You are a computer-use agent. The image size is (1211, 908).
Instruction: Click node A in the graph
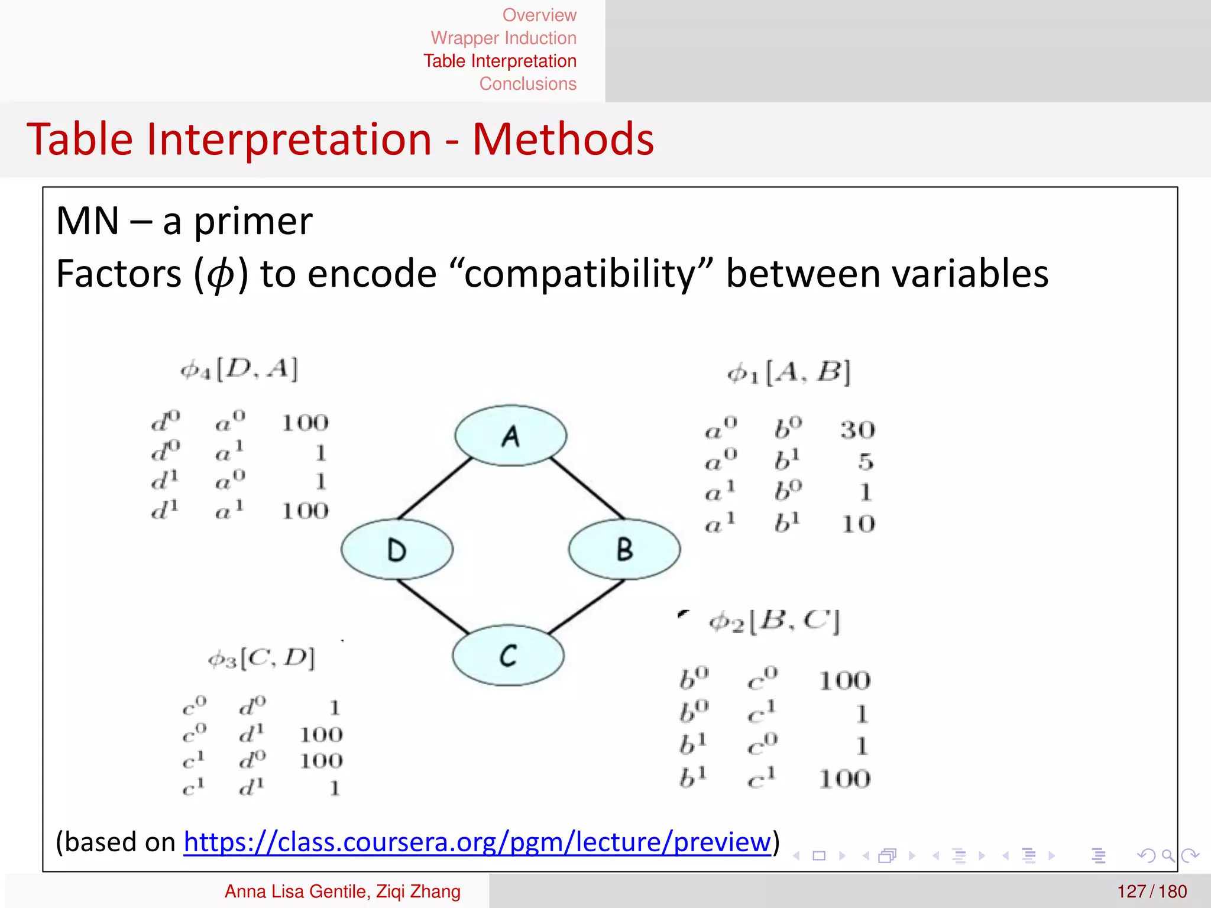pos(510,436)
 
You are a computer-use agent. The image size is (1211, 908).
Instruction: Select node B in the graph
pos(624,549)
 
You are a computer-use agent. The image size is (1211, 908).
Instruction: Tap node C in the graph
pos(508,656)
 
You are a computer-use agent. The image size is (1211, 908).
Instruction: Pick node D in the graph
pos(397,549)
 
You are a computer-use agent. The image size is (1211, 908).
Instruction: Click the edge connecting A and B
pos(587,488)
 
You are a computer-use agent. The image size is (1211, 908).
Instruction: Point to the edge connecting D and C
pos(433,606)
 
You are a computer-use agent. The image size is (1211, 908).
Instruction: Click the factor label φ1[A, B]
pos(788,373)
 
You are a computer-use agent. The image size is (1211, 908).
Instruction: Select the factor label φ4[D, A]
pos(239,369)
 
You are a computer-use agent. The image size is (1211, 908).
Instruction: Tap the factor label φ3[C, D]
pos(261,658)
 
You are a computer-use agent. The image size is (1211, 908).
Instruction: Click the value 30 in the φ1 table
pos(857,430)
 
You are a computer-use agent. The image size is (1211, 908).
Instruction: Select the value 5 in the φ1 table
pos(866,461)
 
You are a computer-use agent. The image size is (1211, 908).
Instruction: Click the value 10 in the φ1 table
pos(858,524)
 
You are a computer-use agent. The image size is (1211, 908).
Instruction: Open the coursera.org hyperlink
pos(477,842)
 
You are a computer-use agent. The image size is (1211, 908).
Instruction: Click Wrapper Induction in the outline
pos(503,38)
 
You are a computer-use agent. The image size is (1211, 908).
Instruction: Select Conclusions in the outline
pos(527,84)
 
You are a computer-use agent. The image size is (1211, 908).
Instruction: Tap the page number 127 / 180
pos(1151,891)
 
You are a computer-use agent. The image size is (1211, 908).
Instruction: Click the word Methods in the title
pos(563,140)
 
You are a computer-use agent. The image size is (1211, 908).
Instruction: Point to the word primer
pos(253,221)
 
